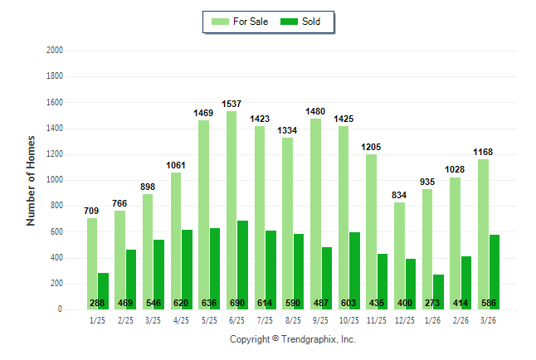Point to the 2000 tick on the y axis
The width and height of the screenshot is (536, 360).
56,51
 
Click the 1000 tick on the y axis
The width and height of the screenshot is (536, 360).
56,180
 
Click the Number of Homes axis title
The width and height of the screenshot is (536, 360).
31,180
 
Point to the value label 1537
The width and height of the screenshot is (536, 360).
232,105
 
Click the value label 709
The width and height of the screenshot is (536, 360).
92,212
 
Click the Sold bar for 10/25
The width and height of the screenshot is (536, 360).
355,265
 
